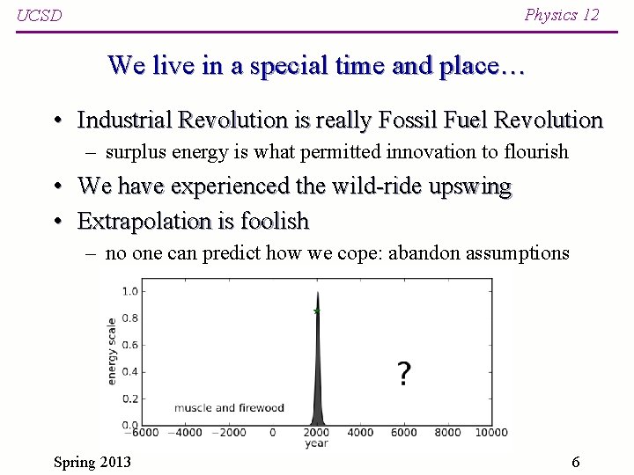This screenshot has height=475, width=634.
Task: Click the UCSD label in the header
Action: click(40, 16)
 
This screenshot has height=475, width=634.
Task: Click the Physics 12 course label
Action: click(561, 14)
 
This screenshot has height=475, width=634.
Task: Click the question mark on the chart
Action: click(403, 374)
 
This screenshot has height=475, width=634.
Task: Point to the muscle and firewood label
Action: click(229, 407)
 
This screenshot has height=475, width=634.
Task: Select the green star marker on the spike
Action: click(316, 311)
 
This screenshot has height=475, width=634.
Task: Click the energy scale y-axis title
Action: click(112, 350)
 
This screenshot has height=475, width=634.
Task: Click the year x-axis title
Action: click(316, 443)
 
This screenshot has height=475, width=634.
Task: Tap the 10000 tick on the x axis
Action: click(490, 432)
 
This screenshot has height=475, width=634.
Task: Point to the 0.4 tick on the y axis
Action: click(129, 371)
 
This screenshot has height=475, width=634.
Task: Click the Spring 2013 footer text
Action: click(92, 462)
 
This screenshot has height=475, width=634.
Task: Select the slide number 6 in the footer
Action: click(575, 462)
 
